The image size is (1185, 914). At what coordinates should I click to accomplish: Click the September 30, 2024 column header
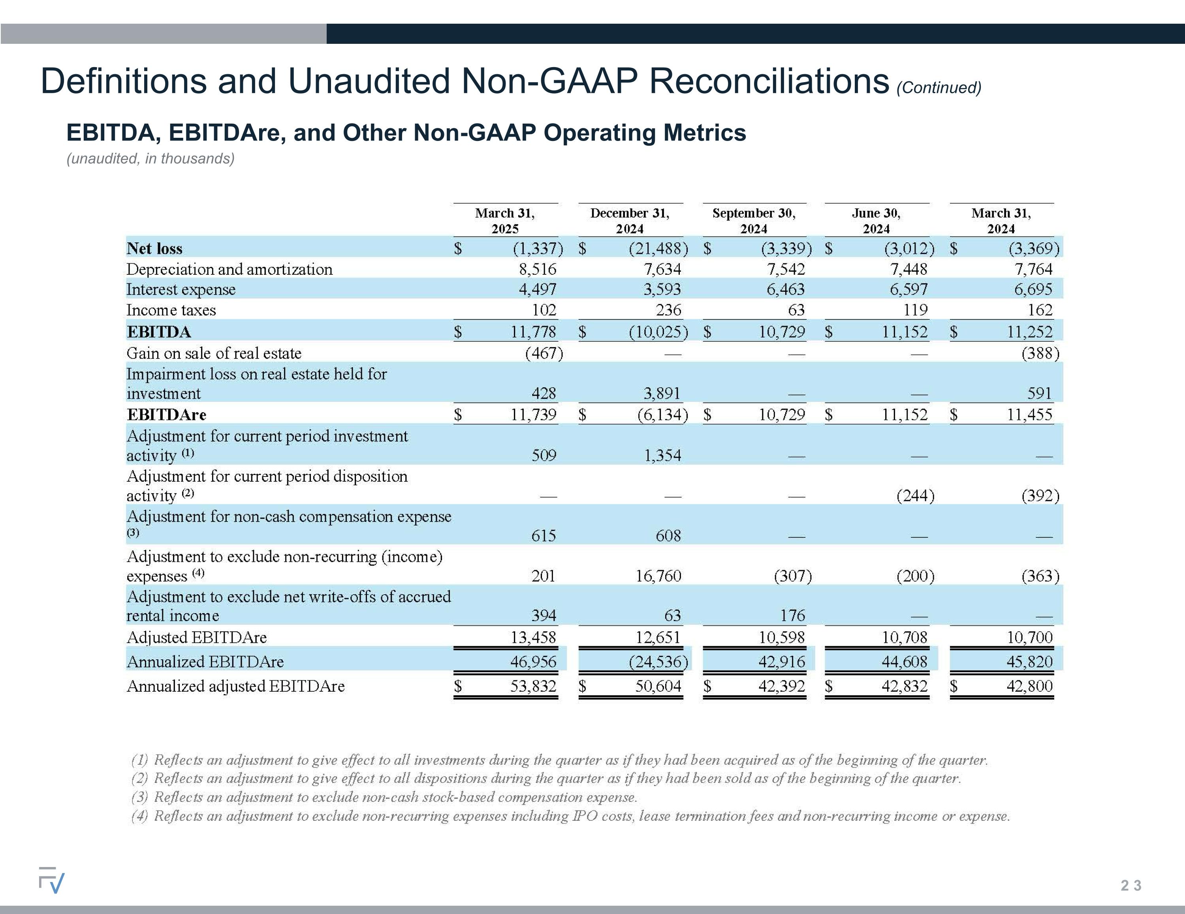pos(754,221)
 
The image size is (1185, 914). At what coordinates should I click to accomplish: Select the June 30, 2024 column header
pos(876,221)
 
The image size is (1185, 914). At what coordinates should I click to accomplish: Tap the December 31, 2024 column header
pos(630,221)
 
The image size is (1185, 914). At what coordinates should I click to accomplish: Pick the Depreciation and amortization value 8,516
pos(538,269)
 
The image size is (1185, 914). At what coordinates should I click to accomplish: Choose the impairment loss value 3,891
pos(662,393)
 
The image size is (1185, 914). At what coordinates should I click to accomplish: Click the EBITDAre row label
pos(167,415)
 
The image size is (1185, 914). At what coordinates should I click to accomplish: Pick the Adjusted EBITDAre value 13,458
pos(534,637)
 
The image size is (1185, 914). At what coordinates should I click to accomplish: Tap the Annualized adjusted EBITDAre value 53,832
pos(534,687)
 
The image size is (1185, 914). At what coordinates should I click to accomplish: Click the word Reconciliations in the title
pos(769,81)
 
